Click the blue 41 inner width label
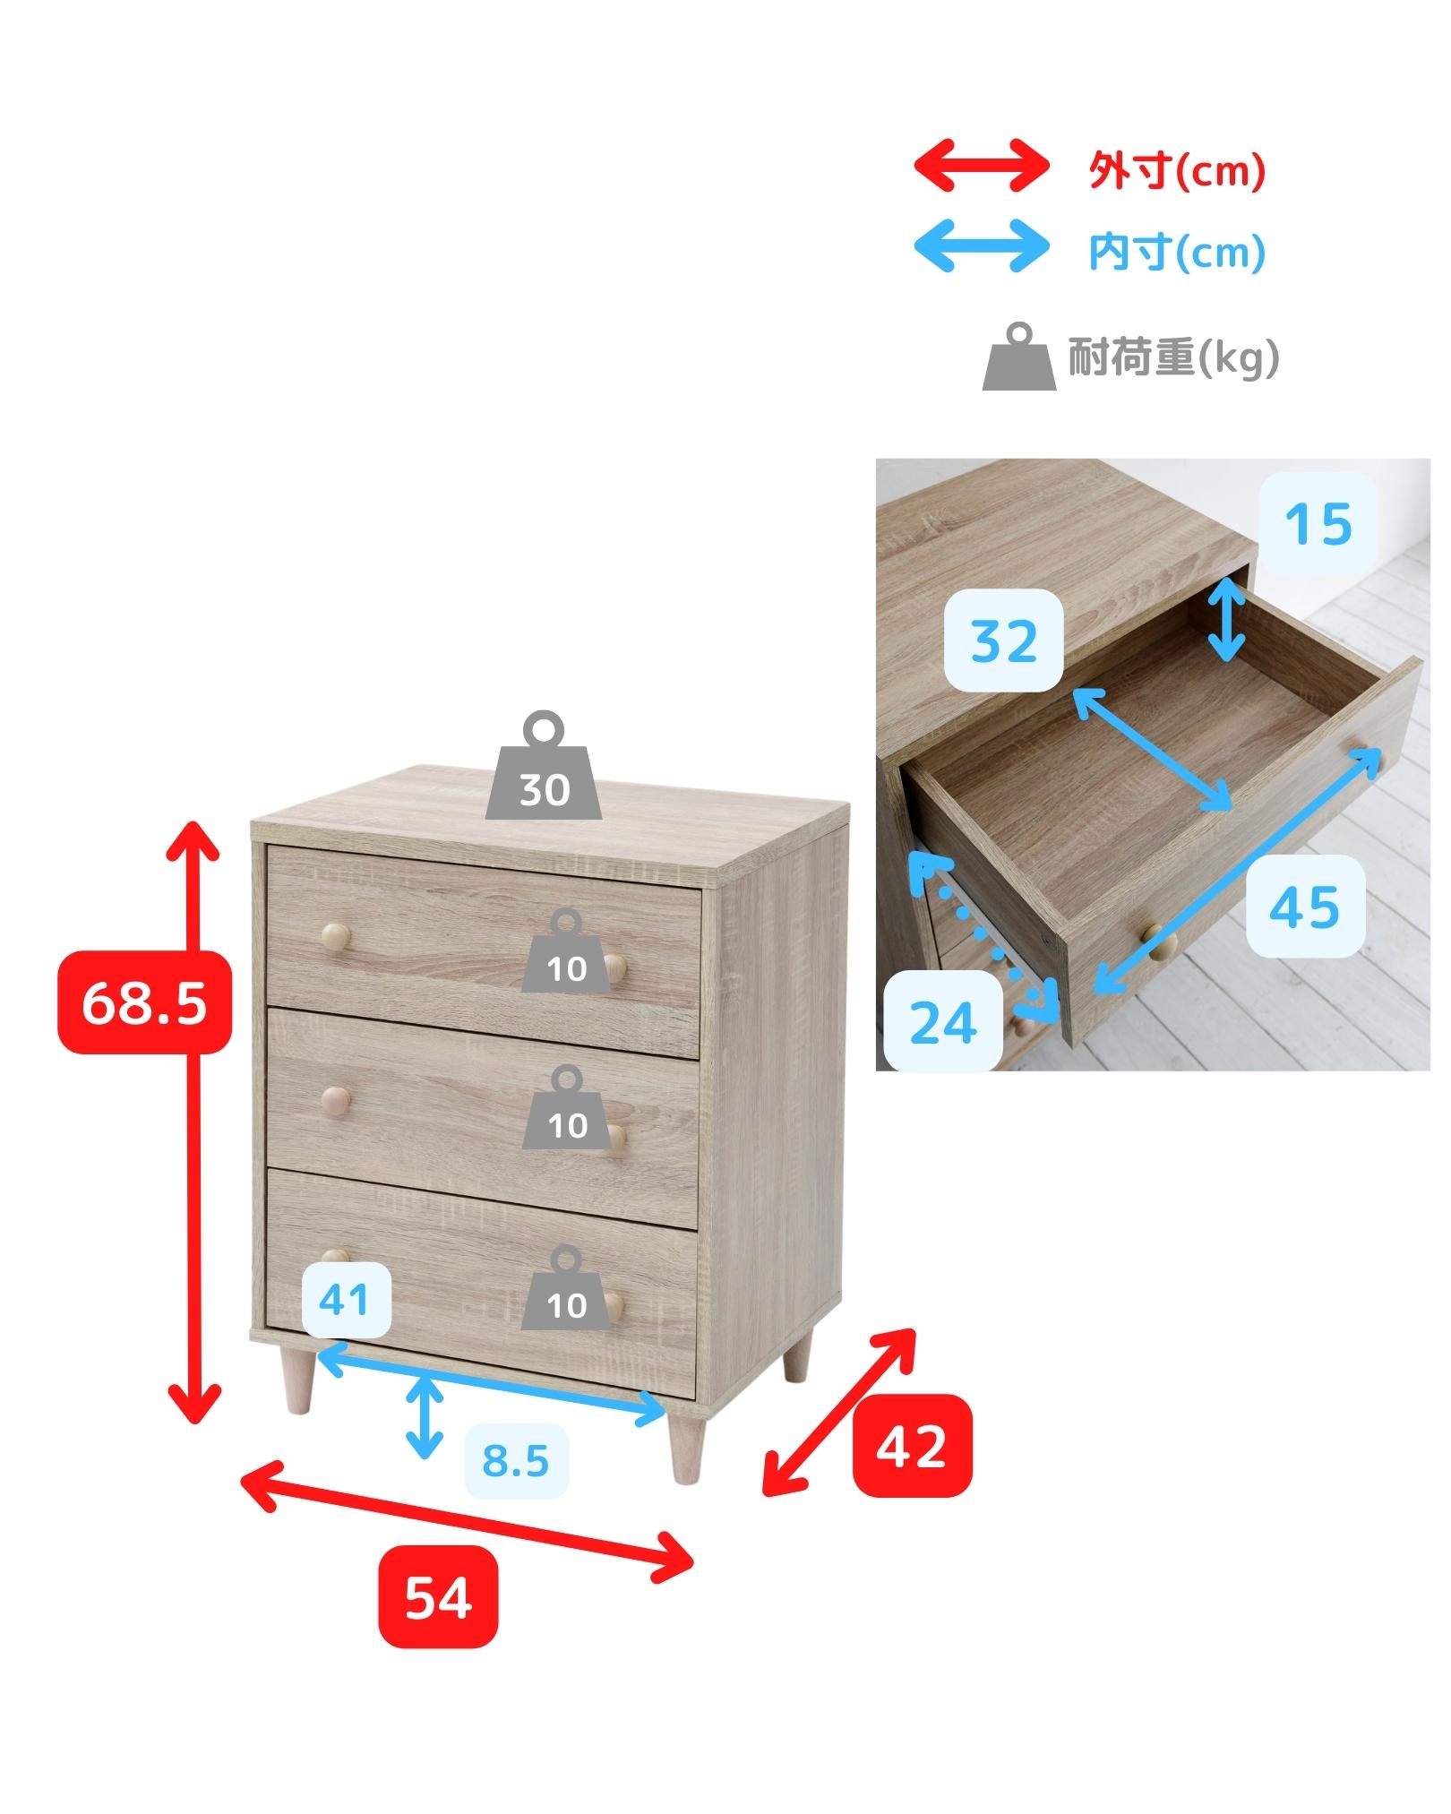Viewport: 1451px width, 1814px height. coord(343,1300)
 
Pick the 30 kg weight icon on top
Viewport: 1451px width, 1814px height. coord(544,766)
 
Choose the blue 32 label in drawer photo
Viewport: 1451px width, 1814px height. coord(1004,640)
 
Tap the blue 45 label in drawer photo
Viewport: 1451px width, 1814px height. coord(1305,907)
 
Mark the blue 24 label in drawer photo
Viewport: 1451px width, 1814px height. coord(943,1021)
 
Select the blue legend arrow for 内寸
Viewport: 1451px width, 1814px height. coord(981,245)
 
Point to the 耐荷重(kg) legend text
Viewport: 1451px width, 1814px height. coord(1172,358)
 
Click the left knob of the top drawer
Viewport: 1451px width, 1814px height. coord(337,936)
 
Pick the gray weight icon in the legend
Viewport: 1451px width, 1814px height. coord(1020,357)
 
